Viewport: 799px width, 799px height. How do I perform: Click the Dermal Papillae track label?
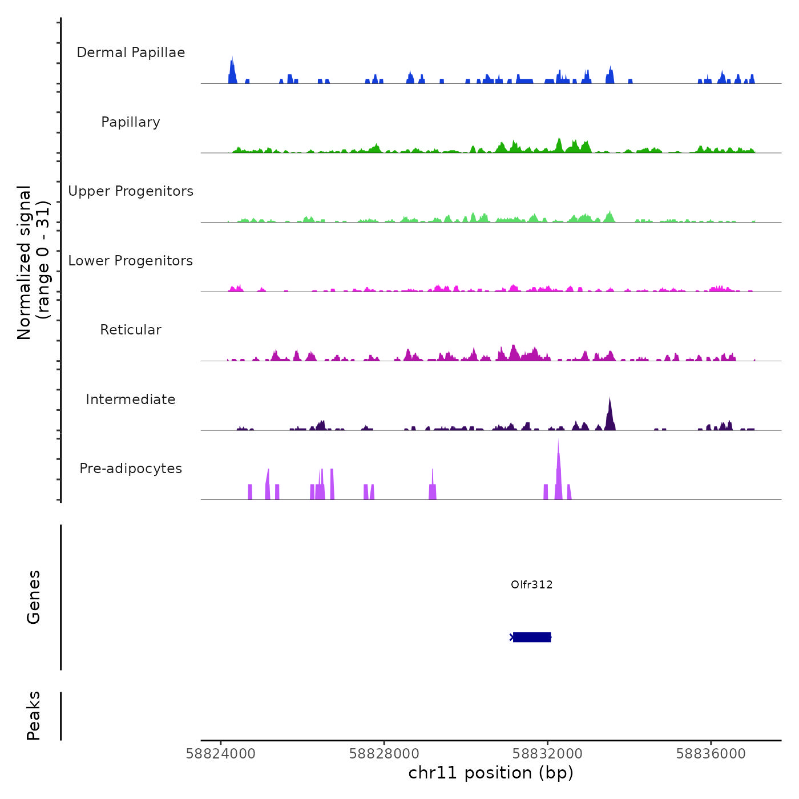click(x=131, y=53)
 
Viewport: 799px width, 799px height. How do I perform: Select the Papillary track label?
click(x=131, y=122)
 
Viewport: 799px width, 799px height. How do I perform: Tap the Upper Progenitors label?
click(x=131, y=191)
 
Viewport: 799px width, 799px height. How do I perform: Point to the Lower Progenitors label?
click(x=131, y=261)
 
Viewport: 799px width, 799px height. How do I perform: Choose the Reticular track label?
click(x=131, y=330)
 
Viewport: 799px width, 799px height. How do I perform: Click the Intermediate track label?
click(x=131, y=399)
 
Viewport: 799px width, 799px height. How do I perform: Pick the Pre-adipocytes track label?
click(x=131, y=469)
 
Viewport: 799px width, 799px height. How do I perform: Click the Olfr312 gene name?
click(x=531, y=585)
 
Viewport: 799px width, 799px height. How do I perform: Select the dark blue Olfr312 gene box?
click(x=532, y=637)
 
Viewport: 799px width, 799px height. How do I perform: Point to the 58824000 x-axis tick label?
click(x=221, y=754)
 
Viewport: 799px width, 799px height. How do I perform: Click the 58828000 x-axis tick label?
click(x=384, y=754)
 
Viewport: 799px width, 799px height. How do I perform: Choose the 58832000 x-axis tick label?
click(x=548, y=754)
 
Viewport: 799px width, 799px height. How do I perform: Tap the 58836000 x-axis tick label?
click(x=711, y=754)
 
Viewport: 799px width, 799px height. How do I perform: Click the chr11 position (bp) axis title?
click(x=491, y=773)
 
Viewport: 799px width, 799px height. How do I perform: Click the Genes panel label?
click(x=34, y=597)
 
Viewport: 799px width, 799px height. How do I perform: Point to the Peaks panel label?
click(x=34, y=716)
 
